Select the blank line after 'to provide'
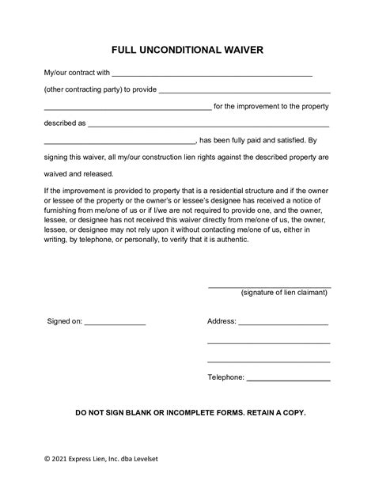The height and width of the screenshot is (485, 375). [x=244, y=90]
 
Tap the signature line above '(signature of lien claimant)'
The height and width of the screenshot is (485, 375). [x=269, y=286]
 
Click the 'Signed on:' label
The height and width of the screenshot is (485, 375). [x=65, y=322]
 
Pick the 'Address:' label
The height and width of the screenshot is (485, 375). [x=222, y=322]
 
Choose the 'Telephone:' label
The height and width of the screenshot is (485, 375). [x=226, y=377]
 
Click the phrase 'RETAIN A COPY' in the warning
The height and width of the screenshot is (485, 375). [x=267, y=413]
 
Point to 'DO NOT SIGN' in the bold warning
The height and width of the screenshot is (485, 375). [x=104, y=413]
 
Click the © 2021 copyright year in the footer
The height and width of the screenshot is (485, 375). [x=59, y=458]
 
